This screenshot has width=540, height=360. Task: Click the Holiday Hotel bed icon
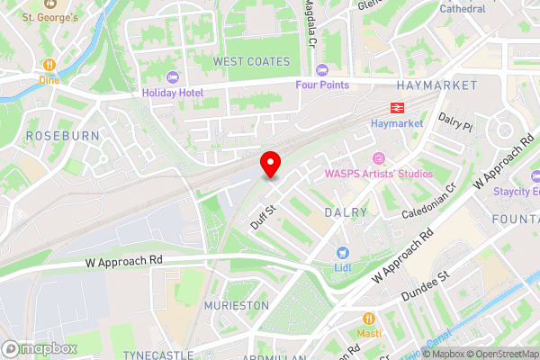coord(173,76)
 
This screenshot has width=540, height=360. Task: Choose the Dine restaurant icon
coord(49,65)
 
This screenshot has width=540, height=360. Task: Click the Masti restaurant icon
coord(369,318)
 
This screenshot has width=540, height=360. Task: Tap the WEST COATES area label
coord(252,61)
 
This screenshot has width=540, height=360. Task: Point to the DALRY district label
coord(346,212)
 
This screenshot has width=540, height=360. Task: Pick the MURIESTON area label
coord(236,306)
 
